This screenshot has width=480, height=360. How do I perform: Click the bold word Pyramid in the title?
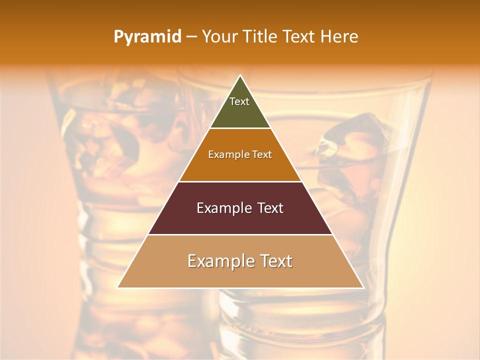pyautogui.click(x=147, y=37)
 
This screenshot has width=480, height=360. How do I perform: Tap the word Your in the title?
pyautogui.click(x=218, y=37)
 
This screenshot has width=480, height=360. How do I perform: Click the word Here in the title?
pyautogui.click(x=339, y=37)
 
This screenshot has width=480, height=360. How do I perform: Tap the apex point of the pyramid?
pyautogui.click(x=240, y=75)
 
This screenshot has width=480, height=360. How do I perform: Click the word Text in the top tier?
pyautogui.click(x=239, y=101)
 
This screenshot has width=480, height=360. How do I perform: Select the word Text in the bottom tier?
pyautogui.click(x=273, y=261)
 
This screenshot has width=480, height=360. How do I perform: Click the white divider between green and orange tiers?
pyautogui.click(x=240, y=128)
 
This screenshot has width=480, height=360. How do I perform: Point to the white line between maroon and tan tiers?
pyautogui.click(x=240, y=234)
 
